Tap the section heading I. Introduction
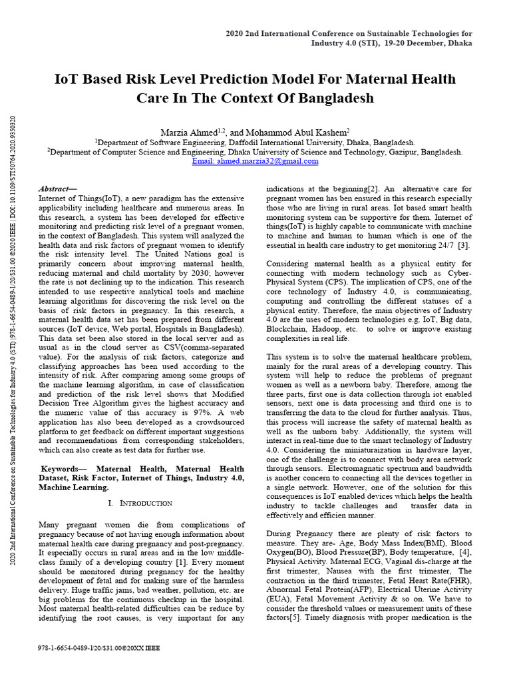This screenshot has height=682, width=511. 140,503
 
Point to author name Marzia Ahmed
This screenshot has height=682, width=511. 188,133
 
